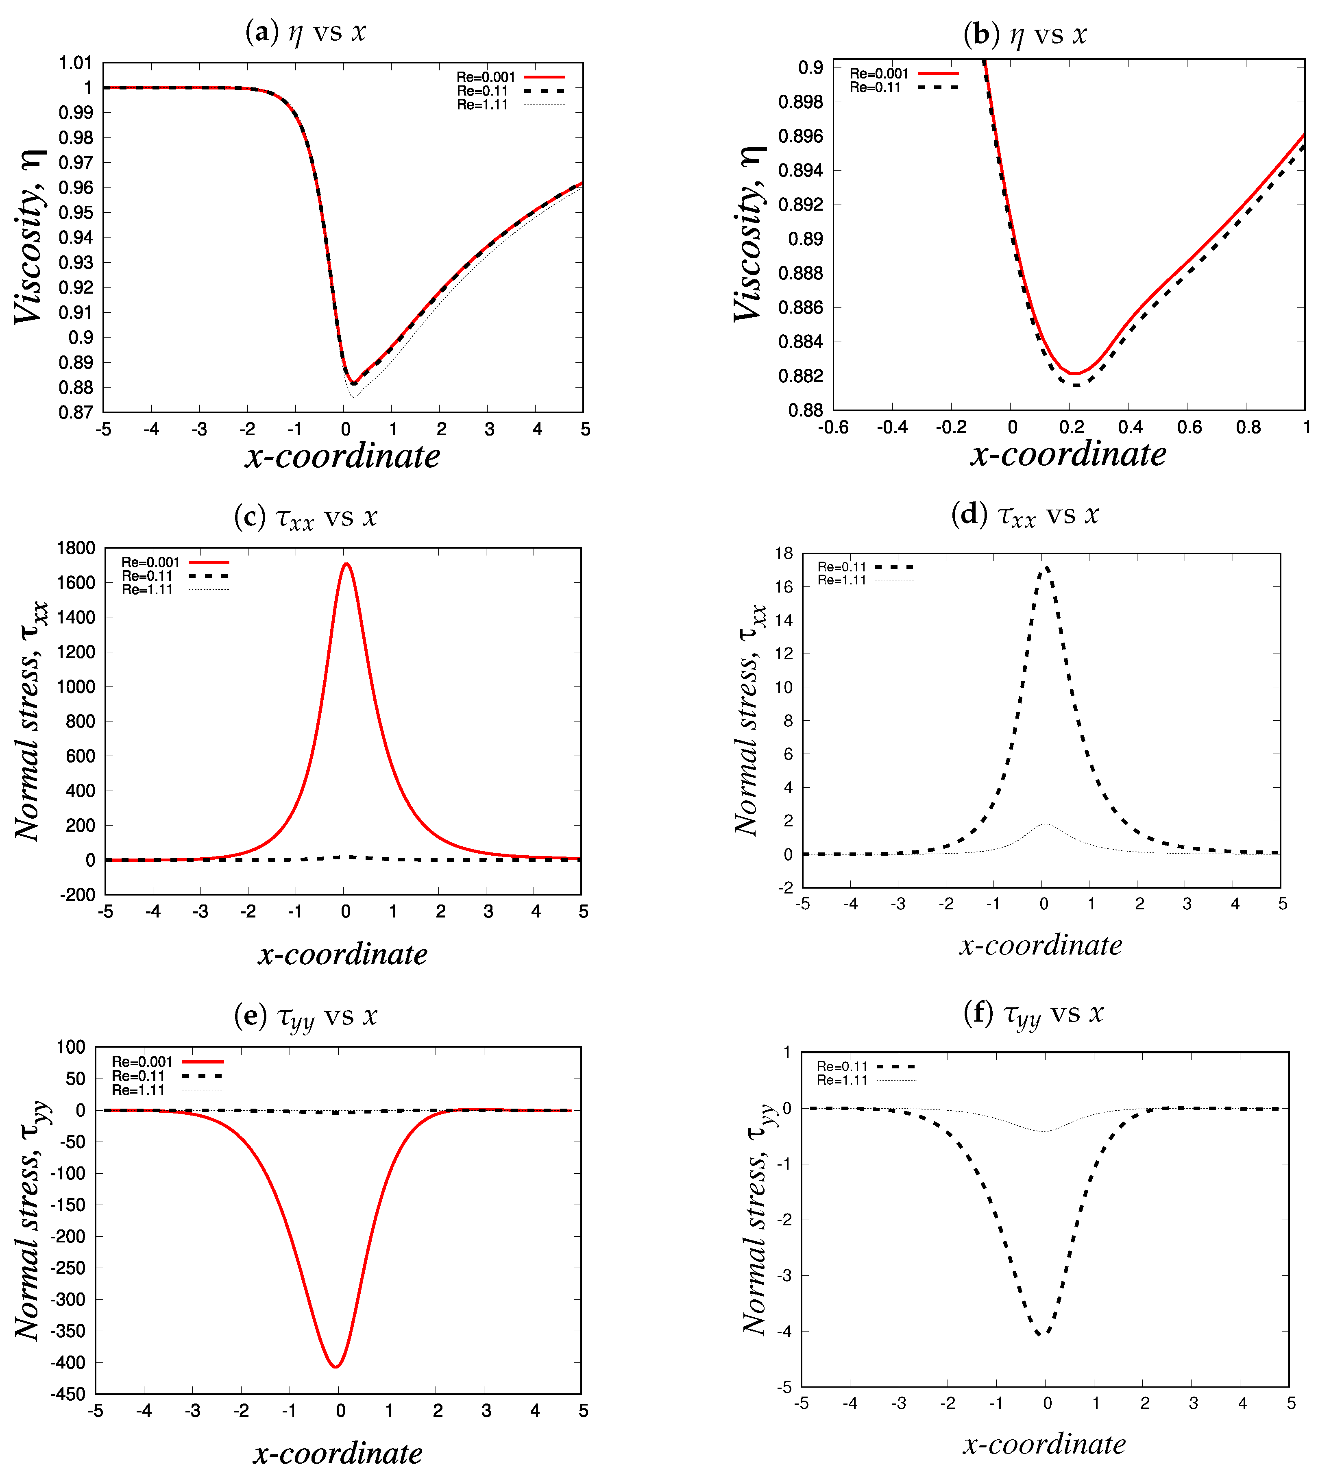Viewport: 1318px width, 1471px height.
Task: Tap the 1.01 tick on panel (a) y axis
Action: click(x=75, y=63)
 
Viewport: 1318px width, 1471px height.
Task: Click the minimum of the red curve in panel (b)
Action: click(x=1076, y=374)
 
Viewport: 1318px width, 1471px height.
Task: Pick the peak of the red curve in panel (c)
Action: click(x=347, y=564)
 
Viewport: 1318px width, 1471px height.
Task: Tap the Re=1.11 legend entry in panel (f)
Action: click(x=841, y=1080)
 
